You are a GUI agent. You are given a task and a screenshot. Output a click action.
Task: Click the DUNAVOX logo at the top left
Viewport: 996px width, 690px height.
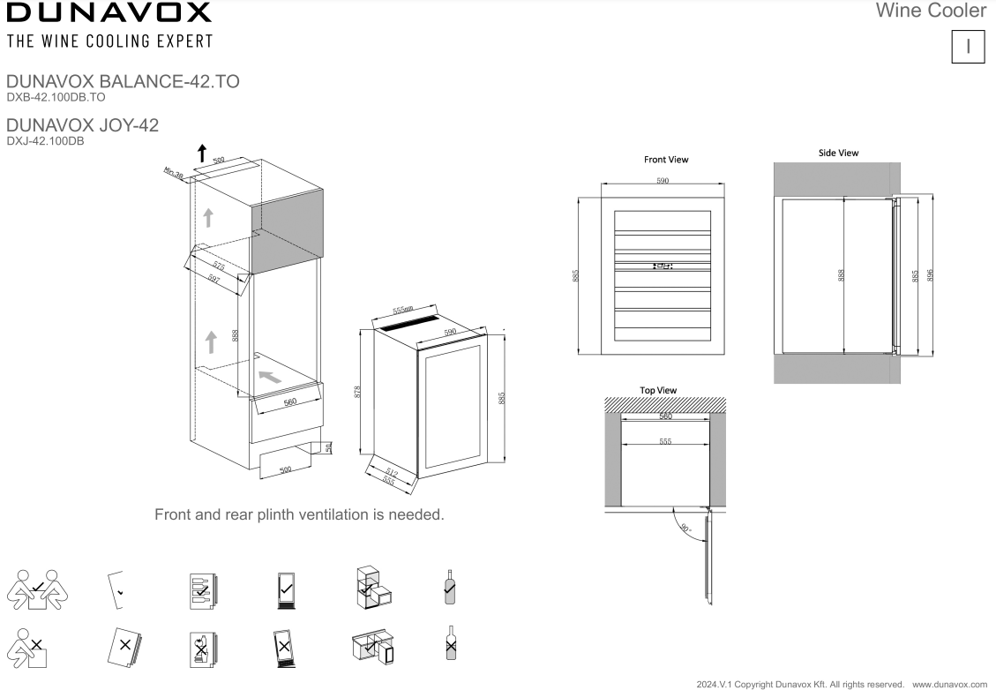(x=109, y=13)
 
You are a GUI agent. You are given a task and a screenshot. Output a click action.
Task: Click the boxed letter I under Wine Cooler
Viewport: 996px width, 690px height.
(x=969, y=47)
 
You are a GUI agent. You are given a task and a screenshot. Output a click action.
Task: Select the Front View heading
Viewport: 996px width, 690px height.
(x=666, y=160)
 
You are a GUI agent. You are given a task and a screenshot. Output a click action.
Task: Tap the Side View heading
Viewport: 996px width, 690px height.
(x=838, y=153)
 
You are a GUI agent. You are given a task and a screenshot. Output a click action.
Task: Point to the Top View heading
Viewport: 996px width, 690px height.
(x=658, y=390)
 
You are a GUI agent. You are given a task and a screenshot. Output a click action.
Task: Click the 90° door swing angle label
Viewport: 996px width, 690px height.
(x=685, y=530)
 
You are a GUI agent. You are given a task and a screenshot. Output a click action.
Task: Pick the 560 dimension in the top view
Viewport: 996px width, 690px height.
(x=665, y=416)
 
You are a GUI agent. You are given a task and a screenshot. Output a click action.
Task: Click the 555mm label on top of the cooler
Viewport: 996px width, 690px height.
(x=403, y=311)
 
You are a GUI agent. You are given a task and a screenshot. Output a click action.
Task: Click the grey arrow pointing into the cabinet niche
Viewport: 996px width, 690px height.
(x=271, y=376)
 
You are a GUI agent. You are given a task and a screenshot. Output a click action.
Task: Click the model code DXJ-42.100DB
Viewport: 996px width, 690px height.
(x=45, y=140)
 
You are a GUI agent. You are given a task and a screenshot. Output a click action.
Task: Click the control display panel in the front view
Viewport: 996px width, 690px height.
(x=663, y=264)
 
